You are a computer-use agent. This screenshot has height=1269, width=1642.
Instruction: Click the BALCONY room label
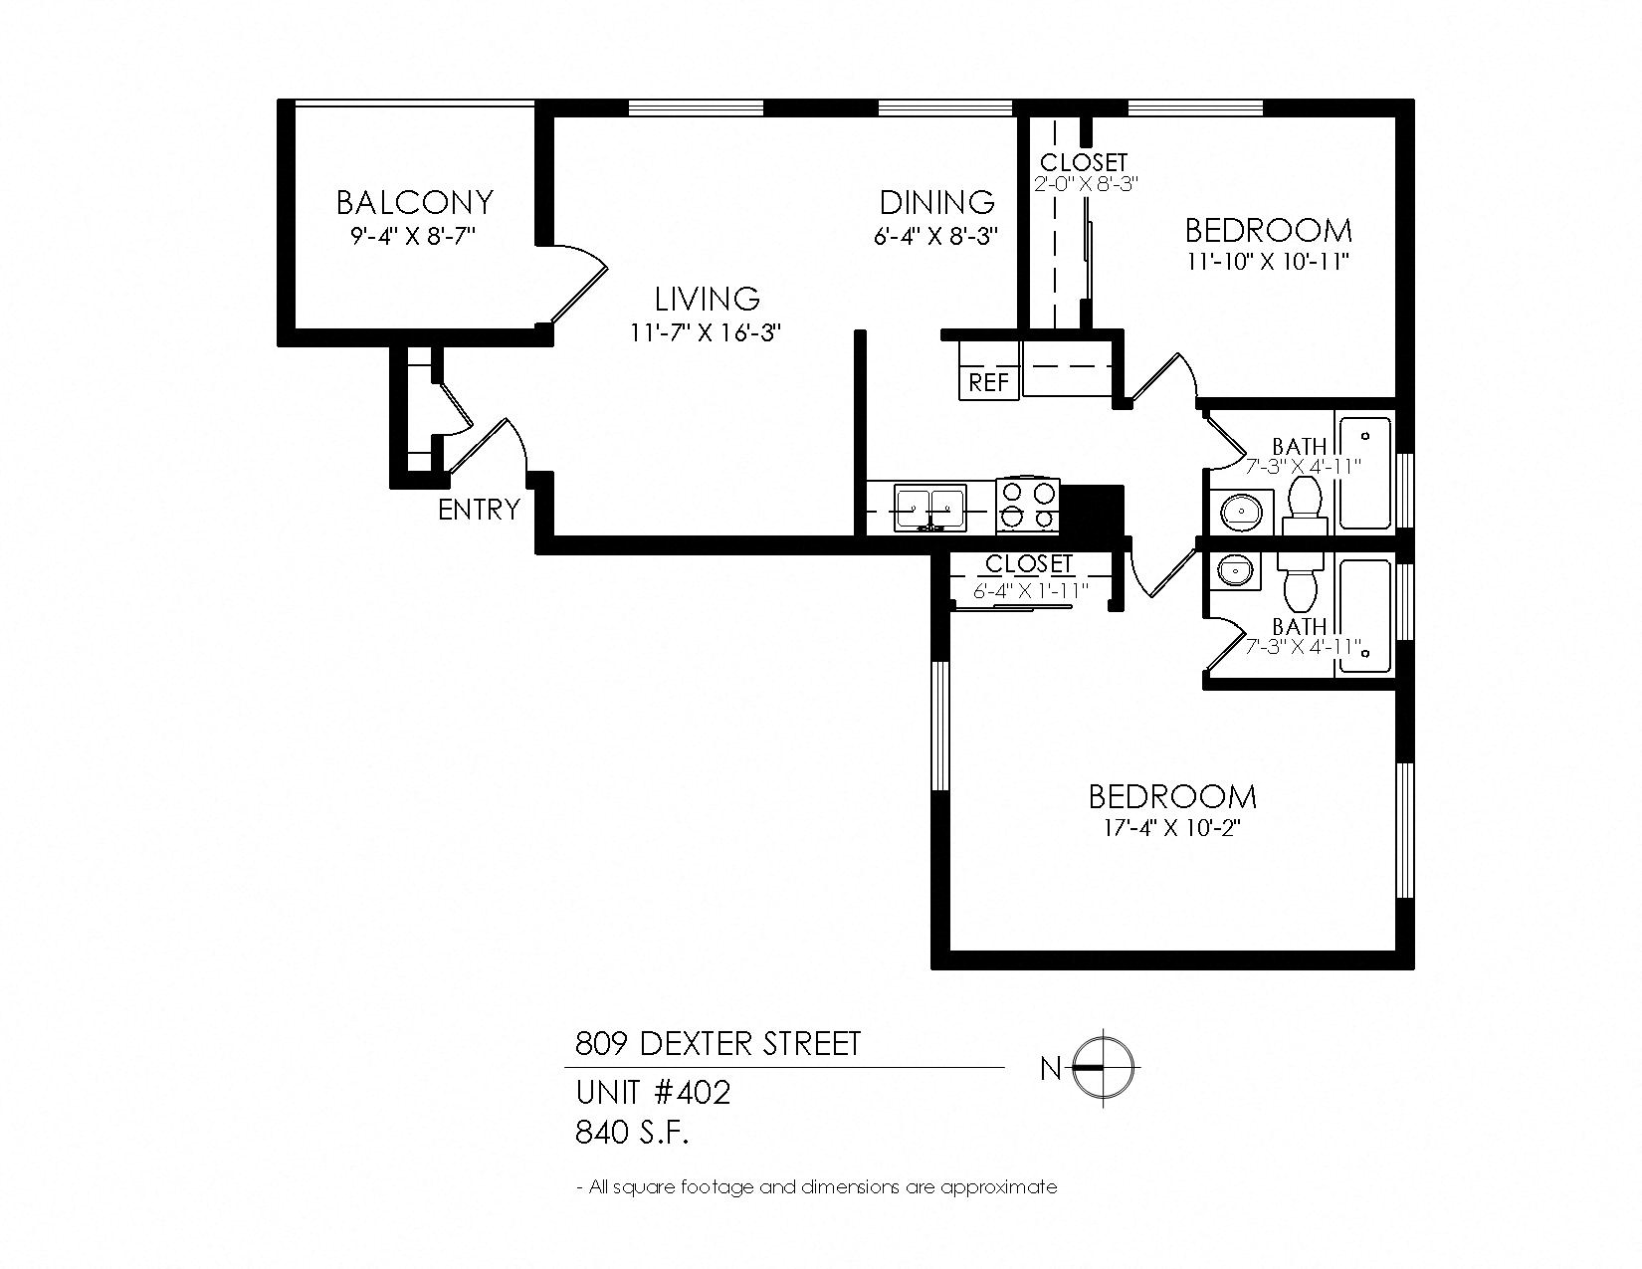(x=414, y=202)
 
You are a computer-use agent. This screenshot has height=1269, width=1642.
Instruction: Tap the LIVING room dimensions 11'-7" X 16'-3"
(x=705, y=332)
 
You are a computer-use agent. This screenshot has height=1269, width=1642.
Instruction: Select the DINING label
(x=936, y=202)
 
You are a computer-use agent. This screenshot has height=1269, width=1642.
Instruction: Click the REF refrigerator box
(x=988, y=382)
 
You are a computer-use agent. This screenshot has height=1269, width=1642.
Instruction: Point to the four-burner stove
(x=1028, y=505)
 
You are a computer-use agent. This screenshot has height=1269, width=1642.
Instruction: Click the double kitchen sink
(x=929, y=508)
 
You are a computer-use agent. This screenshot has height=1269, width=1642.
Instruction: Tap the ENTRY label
(x=479, y=510)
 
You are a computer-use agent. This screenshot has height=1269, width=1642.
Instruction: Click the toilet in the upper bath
(x=1304, y=504)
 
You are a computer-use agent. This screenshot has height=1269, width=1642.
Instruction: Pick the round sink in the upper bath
(x=1238, y=512)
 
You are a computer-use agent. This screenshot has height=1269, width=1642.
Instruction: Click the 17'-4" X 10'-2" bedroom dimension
(x=1172, y=828)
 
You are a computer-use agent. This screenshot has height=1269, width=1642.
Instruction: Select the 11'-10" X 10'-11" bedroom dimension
(x=1268, y=262)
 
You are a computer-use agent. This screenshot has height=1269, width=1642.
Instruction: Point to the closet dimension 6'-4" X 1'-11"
(x=1030, y=590)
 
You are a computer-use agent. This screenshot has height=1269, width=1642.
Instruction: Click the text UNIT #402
(x=653, y=1093)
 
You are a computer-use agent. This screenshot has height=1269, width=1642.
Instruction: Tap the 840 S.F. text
(x=632, y=1133)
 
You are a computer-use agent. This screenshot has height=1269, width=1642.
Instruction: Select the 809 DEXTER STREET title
(x=718, y=1044)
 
